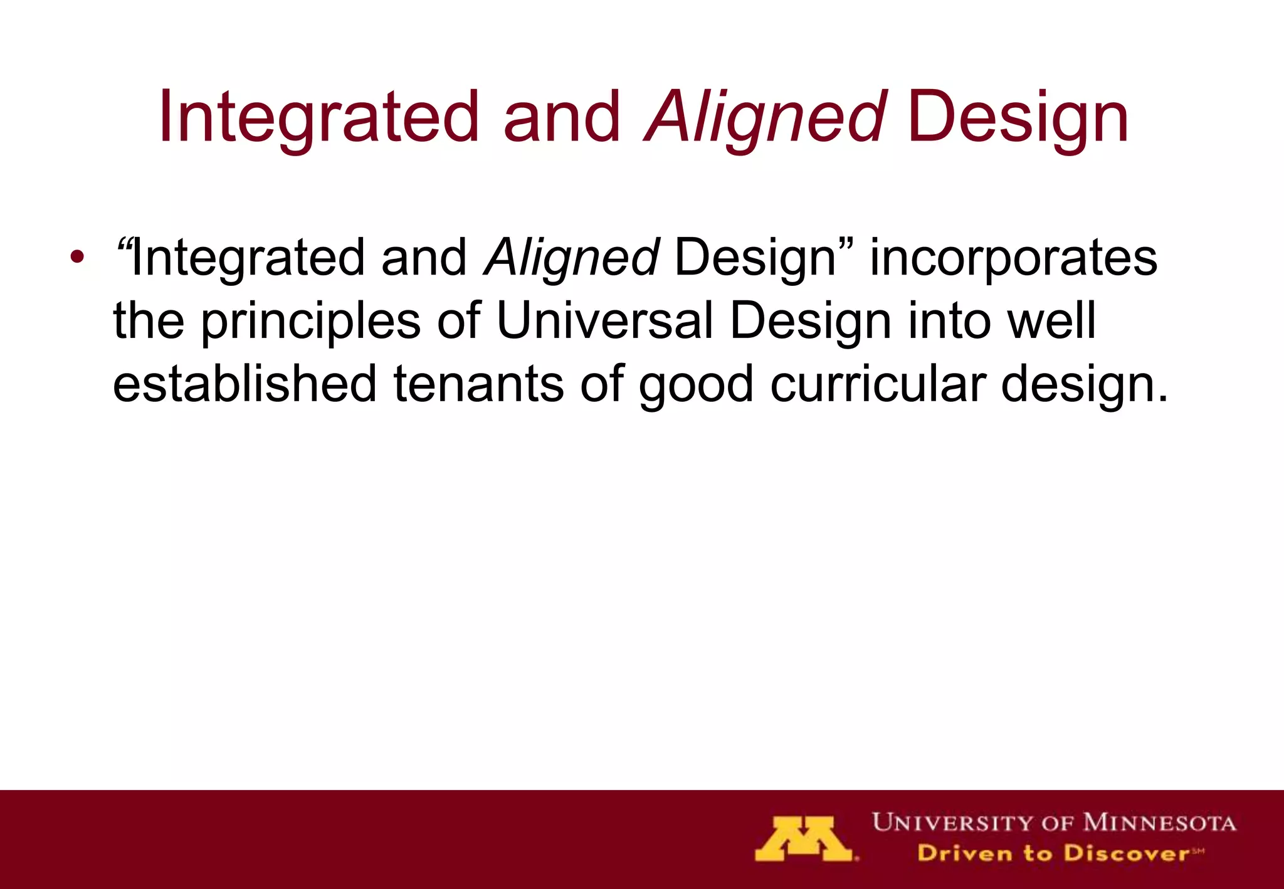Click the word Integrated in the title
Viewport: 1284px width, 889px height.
[318, 118]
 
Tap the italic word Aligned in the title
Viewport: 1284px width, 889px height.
[766, 118]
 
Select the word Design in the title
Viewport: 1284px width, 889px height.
[1017, 118]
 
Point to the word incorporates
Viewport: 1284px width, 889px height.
[1013, 258]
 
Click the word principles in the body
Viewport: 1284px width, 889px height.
[310, 321]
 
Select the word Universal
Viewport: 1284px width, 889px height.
[604, 321]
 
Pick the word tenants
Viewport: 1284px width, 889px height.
[478, 384]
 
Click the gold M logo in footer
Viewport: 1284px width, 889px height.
[804, 839]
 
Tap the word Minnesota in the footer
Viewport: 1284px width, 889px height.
[1159, 823]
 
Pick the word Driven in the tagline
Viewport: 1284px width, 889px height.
[964, 853]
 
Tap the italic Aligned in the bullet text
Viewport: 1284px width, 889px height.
[572, 258]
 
